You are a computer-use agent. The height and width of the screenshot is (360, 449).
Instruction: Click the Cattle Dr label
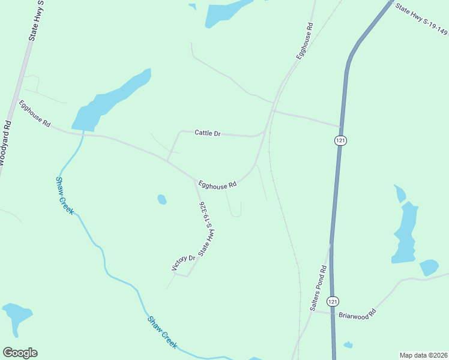tap(208, 133)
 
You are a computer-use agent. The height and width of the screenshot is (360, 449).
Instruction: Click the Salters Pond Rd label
tap(318, 288)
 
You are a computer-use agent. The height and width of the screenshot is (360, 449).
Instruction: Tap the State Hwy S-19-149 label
tap(421, 19)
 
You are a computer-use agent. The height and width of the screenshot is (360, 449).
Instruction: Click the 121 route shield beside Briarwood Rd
tap(333, 301)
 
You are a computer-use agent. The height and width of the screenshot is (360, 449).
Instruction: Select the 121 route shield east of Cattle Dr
tap(340, 140)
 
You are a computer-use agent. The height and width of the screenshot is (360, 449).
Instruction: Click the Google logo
tap(20, 353)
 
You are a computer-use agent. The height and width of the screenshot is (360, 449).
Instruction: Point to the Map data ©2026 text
tap(423, 355)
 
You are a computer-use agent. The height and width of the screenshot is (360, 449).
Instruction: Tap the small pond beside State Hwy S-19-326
tap(161, 199)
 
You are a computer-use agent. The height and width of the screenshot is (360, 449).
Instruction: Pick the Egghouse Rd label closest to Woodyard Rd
tap(34, 113)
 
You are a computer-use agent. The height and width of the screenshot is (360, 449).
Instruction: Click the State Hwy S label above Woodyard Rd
tap(36, 21)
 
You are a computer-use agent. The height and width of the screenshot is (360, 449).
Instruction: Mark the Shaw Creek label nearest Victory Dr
tap(163, 332)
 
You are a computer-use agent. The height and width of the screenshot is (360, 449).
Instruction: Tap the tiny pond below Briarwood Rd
tap(348, 345)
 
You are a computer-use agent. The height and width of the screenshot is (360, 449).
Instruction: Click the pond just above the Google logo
tap(16, 316)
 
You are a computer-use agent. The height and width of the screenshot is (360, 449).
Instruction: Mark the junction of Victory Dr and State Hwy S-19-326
tap(188, 277)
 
